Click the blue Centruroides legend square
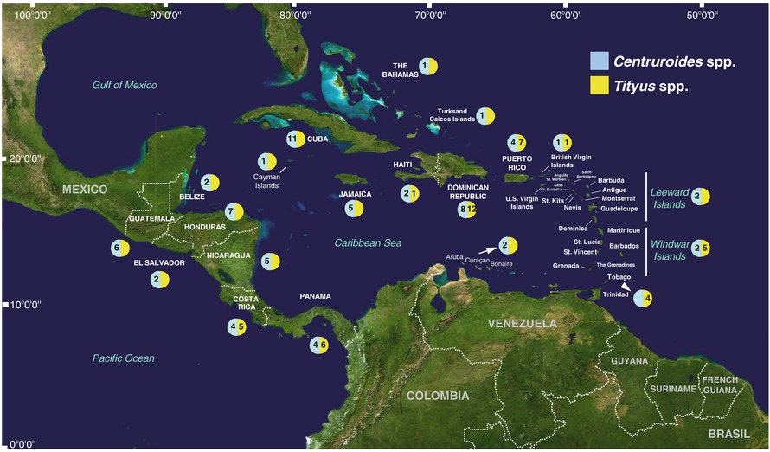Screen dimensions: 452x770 click(x=599, y=61)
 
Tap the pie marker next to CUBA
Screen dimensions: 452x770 click(x=295, y=139)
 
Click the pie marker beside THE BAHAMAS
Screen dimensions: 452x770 click(x=428, y=66)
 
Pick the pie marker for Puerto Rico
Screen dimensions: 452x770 click(x=517, y=142)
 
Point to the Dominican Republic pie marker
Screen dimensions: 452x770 click(x=468, y=209)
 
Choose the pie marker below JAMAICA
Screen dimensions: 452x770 click(x=354, y=209)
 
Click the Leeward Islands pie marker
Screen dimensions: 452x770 click(x=701, y=197)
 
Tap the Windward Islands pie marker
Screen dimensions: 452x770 click(x=701, y=248)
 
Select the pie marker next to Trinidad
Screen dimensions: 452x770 click(x=643, y=298)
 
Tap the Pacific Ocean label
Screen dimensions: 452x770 click(x=125, y=358)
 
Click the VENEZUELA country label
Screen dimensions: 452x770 click(x=523, y=323)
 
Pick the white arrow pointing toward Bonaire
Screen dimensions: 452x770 click(x=489, y=249)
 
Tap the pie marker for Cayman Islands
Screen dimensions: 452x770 click(x=267, y=161)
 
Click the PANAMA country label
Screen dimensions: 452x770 click(x=315, y=296)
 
